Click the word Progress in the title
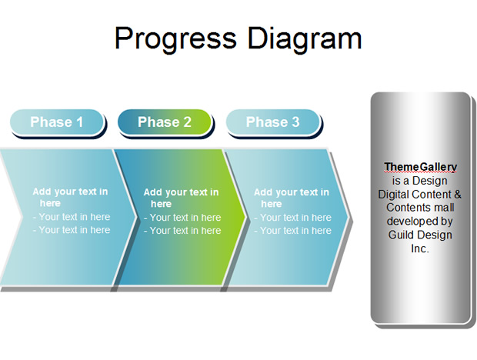(175, 39)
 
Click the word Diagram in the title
(305, 39)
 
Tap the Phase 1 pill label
(57, 122)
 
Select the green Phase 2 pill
(165, 122)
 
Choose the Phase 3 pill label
(273, 122)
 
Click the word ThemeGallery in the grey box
(420, 167)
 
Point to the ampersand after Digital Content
(458, 195)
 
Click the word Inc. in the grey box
(420, 248)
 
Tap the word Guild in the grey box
(400, 235)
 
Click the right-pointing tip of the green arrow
(245, 217)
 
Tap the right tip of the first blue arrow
(135, 217)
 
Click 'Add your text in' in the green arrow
(181, 192)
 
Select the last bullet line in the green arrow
(182, 231)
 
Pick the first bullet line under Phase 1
(72, 217)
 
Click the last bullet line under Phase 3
(292, 231)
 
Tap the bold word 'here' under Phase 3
(272, 204)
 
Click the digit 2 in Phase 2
(188, 122)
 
